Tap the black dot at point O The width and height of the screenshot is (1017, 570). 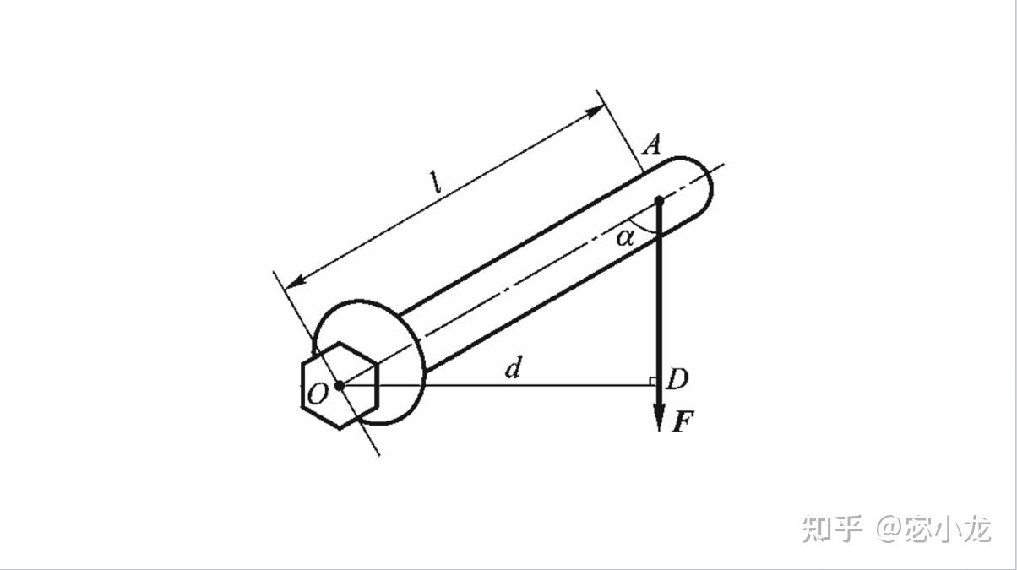pyautogui.click(x=339, y=386)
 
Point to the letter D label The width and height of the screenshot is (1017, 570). pyautogui.click(x=677, y=380)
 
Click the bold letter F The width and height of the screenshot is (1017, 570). pyautogui.click(x=682, y=421)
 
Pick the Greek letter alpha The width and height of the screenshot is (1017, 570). pyautogui.click(x=624, y=237)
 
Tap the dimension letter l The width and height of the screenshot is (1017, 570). pyautogui.click(x=437, y=182)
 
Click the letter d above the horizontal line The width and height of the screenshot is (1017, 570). pyautogui.click(x=513, y=368)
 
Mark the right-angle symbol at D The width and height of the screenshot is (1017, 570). pyautogui.click(x=653, y=382)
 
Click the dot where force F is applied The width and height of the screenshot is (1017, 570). pyautogui.click(x=659, y=200)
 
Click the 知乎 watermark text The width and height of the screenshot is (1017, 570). pyautogui.click(x=832, y=529)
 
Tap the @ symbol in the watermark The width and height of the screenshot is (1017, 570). pyautogui.click(x=890, y=529)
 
